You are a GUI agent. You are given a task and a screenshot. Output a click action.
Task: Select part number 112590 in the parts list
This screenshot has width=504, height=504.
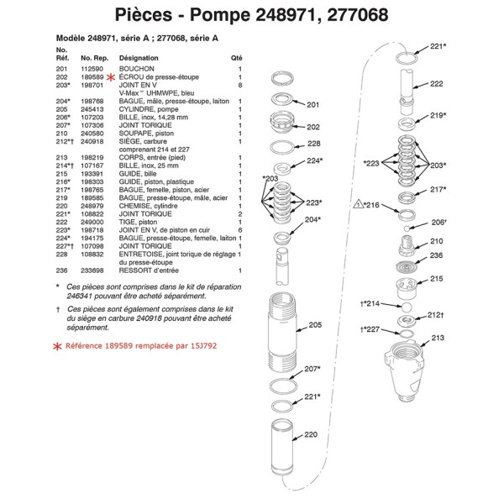(x=91, y=69)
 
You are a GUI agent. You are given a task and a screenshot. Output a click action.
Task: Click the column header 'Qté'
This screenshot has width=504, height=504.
(x=236, y=57)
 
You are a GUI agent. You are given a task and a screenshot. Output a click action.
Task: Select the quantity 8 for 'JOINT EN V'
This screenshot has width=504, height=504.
(x=240, y=85)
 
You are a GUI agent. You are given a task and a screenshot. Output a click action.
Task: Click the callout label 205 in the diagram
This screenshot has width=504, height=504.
(x=315, y=324)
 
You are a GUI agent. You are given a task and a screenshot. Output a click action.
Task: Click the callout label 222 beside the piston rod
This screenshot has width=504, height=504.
(x=436, y=84)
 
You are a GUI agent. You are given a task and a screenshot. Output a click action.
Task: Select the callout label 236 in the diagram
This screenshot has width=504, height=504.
(x=436, y=255)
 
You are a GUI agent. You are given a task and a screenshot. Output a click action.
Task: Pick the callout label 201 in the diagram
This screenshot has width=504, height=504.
(x=312, y=106)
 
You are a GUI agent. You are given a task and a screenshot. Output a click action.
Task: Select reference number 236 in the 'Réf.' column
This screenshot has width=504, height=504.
(x=60, y=270)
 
